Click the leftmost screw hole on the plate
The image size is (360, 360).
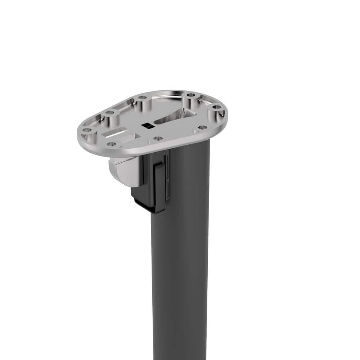tap(86, 130)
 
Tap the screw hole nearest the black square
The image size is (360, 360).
tap(157, 138)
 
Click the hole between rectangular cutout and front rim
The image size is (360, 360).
tap(111, 144)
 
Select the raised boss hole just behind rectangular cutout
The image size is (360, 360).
tap(110, 113)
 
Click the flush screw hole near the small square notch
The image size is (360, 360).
tap(202, 127)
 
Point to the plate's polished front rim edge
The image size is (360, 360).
tap(144, 151)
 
